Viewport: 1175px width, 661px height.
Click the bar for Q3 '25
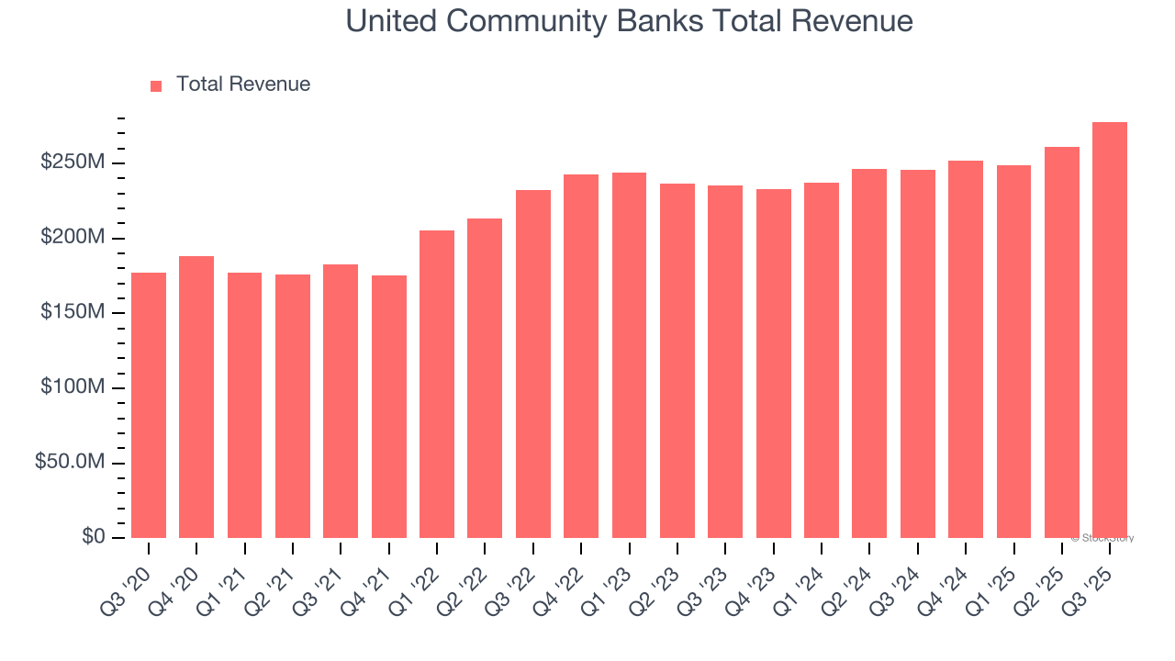[x=1110, y=330]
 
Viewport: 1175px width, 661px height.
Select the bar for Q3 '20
[x=149, y=405]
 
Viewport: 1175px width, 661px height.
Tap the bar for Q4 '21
[x=389, y=407]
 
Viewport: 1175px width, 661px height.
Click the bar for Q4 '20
[x=196, y=397]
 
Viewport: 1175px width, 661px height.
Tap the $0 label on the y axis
[x=93, y=536]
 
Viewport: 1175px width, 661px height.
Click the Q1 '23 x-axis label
[x=616, y=577]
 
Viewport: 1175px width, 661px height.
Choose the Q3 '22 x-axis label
[x=520, y=577]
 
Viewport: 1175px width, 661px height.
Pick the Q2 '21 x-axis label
[x=279, y=577]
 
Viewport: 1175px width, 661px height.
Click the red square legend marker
[x=156, y=85]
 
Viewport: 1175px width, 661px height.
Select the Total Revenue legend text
[x=243, y=84]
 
